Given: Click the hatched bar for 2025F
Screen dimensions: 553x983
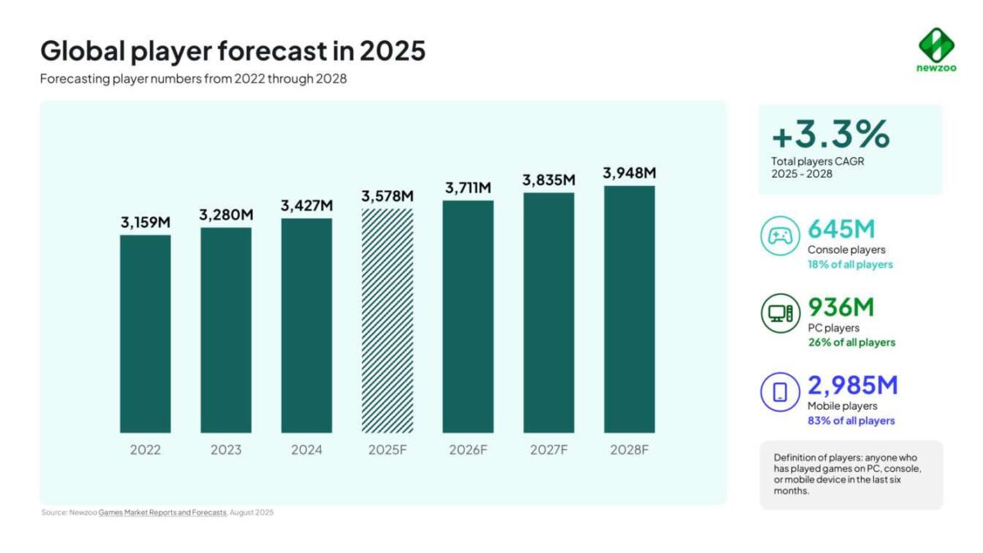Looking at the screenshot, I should [387, 320].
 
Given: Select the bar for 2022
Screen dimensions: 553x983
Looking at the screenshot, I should [145, 333].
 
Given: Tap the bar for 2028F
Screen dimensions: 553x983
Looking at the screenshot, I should [629, 309].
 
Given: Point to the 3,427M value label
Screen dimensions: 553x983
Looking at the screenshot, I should [306, 206].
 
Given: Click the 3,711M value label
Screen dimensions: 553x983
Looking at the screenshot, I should [468, 188].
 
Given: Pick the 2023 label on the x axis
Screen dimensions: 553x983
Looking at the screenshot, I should [226, 450].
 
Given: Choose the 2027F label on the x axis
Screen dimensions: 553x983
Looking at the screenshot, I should [549, 450].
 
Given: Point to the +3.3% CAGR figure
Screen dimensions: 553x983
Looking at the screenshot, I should [830, 133].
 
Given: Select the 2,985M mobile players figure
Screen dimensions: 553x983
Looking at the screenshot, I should [853, 384].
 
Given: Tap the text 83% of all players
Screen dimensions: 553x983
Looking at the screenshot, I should [851, 421].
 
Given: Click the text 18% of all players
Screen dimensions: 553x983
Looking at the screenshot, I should [850, 265].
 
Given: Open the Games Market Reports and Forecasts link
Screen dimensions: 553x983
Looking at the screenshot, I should [162, 512].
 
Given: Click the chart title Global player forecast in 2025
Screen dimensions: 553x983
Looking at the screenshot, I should [233, 51].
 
